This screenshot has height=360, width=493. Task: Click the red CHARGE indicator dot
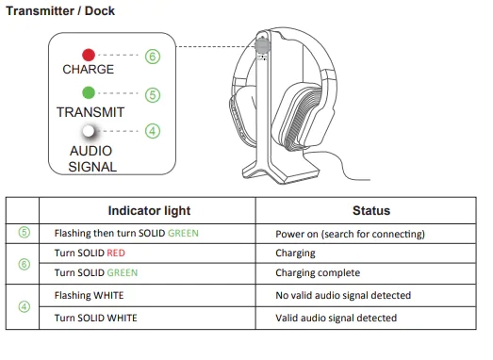click(89, 55)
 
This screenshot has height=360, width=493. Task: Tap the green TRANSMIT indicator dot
click(89, 92)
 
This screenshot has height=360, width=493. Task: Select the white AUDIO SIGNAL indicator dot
click(89, 131)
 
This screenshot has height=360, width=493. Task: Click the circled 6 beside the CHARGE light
click(153, 57)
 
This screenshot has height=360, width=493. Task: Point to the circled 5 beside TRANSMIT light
click(153, 95)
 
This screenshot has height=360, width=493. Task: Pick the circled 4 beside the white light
click(153, 131)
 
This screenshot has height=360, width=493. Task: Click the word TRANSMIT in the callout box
click(90, 112)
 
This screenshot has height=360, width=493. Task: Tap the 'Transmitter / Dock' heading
click(60, 11)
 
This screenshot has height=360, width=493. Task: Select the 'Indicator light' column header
click(149, 211)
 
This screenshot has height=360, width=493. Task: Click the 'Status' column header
click(371, 211)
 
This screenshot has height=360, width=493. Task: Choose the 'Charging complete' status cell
click(318, 273)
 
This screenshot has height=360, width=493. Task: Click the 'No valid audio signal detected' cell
click(343, 295)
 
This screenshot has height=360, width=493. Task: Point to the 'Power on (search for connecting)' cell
click(350, 234)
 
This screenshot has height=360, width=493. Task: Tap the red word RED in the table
click(116, 254)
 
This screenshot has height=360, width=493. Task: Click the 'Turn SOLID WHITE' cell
click(95, 318)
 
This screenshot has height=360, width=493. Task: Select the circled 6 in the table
click(25, 264)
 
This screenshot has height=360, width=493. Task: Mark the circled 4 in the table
click(25, 307)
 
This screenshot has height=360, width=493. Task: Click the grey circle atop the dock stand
click(263, 45)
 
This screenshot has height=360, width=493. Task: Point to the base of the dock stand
click(281, 172)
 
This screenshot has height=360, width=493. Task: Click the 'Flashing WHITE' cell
click(89, 295)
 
